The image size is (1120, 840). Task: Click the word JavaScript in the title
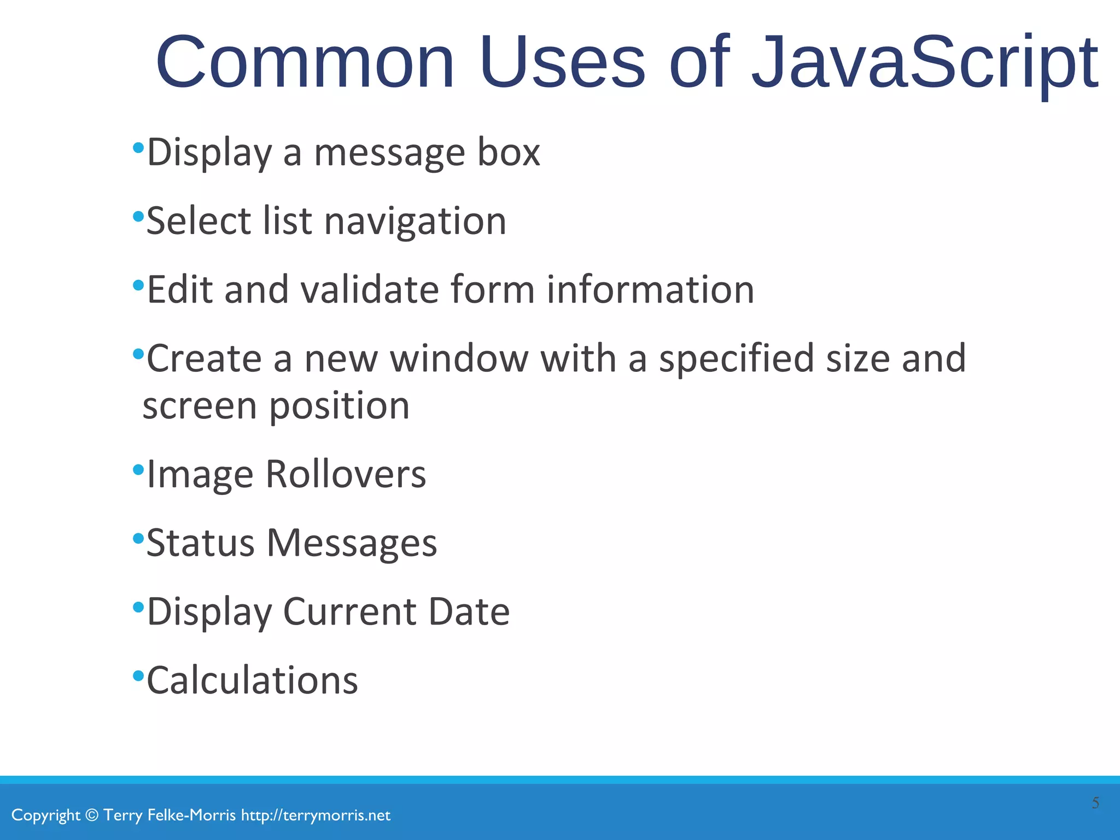pyautogui.click(x=924, y=63)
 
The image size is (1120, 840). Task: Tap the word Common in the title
pyautogui.click(x=305, y=63)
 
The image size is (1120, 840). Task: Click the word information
pyautogui.click(x=650, y=289)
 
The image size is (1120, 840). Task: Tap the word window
pyautogui.click(x=459, y=359)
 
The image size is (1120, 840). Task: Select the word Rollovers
pyautogui.click(x=346, y=474)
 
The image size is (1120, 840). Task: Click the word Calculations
pyautogui.click(x=252, y=680)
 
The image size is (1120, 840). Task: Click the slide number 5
pyautogui.click(x=1095, y=803)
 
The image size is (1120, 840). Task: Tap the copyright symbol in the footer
pyautogui.click(x=92, y=815)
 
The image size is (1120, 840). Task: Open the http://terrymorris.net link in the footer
pyautogui.click(x=316, y=815)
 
